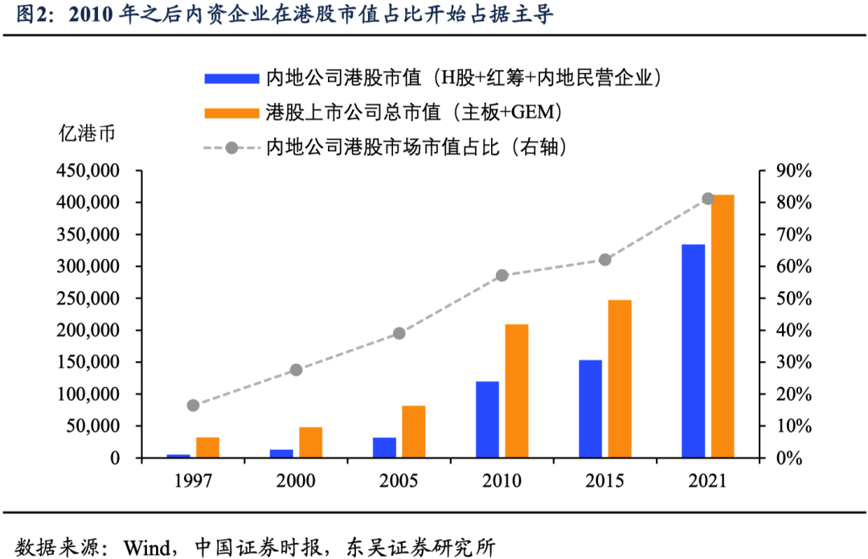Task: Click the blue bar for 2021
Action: (x=693, y=351)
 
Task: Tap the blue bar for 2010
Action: (x=487, y=419)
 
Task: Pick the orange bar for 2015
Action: (x=620, y=379)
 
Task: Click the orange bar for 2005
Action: (x=414, y=431)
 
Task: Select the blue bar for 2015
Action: (x=590, y=409)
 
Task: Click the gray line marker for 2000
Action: (x=296, y=370)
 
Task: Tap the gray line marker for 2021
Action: (x=708, y=199)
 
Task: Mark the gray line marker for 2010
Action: (x=502, y=275)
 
